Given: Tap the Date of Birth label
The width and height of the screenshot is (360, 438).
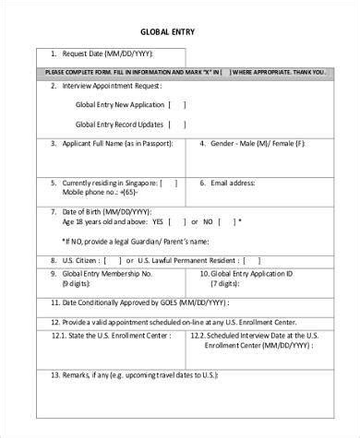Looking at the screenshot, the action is [x=90, y=212].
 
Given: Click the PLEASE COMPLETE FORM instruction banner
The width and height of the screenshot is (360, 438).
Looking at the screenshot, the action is [x=185, y=72].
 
